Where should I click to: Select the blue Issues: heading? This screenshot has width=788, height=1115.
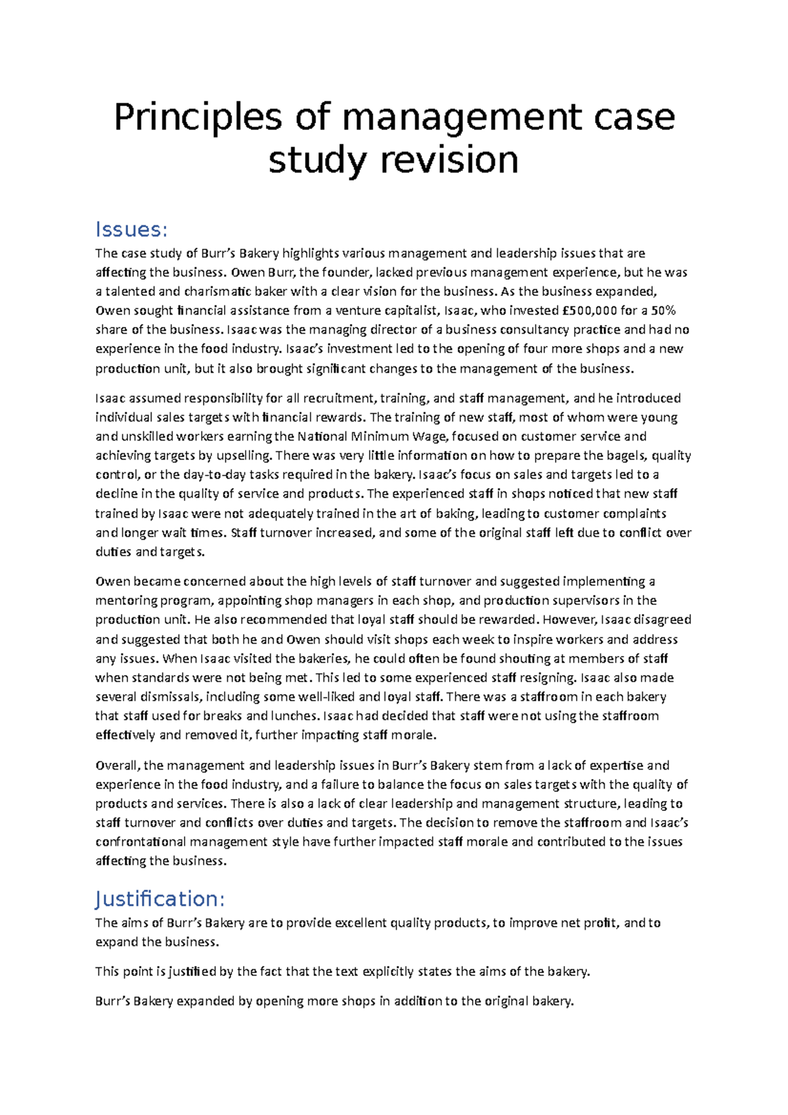[131, 230]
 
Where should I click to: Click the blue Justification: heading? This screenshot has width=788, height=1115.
[160, 899]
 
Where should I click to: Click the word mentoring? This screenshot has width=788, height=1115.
[126, 601]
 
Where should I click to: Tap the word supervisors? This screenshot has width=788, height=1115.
[584, 601]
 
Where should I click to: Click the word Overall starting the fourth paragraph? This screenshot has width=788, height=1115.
[118, 766]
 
